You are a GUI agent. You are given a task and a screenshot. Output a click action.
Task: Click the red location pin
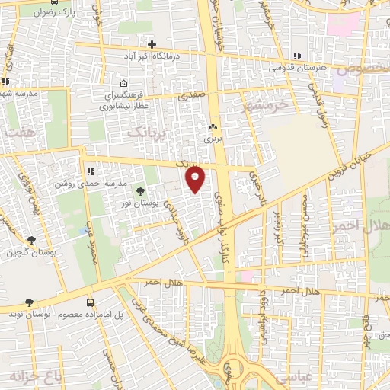(196, 179)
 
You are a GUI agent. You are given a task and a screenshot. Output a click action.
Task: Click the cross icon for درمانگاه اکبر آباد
(152, 44)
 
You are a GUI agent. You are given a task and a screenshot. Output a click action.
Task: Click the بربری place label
(211, 139)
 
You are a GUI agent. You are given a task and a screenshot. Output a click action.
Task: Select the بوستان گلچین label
(28, 251)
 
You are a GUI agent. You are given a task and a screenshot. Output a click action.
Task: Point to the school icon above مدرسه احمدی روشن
(90, 172)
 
